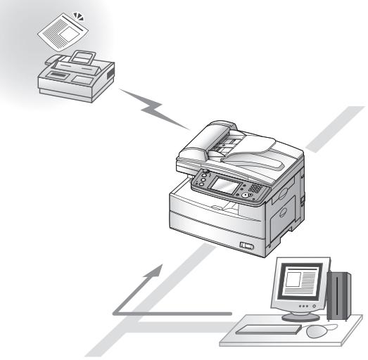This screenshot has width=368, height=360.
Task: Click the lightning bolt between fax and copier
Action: point(156,108)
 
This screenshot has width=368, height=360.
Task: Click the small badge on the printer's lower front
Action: point(246,245)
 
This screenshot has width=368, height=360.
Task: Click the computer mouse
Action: point(317,329)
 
